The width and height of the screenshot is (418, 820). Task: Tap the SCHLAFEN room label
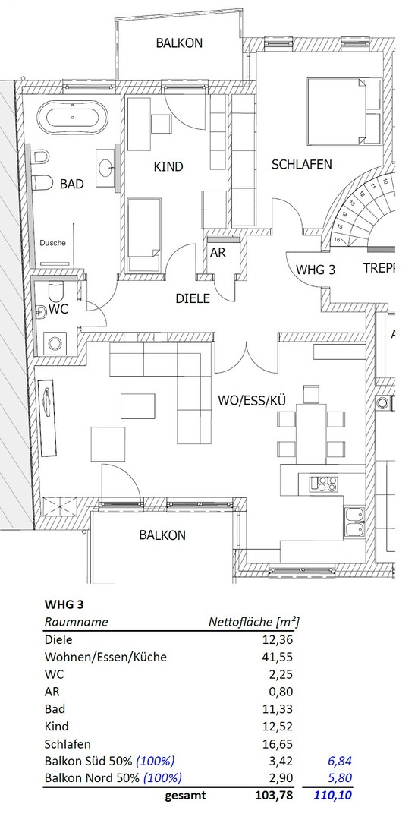pyautogui.click(x=301, y=164)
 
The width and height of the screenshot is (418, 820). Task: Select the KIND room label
pyautogui.click(x=168, y=166)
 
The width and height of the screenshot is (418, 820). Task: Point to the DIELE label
pyautogui.click(x=192, y=298)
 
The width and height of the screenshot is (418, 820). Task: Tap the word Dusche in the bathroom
pyautogui.click(x=52, y=243)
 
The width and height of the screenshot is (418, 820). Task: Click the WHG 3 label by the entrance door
pyautogui.click(x=316, y=269)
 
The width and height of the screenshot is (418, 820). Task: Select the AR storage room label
pyautogui.click(x=218, y=253)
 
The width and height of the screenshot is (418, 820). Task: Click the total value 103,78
pyautogui.click(x=271, y=796)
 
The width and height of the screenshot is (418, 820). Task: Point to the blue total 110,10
pyautogui.click(x=333, y=796)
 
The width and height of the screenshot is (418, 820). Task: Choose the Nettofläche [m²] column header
pyautogui.click(x=253, y=622)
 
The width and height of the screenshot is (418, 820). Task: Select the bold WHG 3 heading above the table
pyautogui.click(x=64, y=604)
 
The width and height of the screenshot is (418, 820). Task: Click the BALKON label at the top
pyautogui.click(x=179, y=43)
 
